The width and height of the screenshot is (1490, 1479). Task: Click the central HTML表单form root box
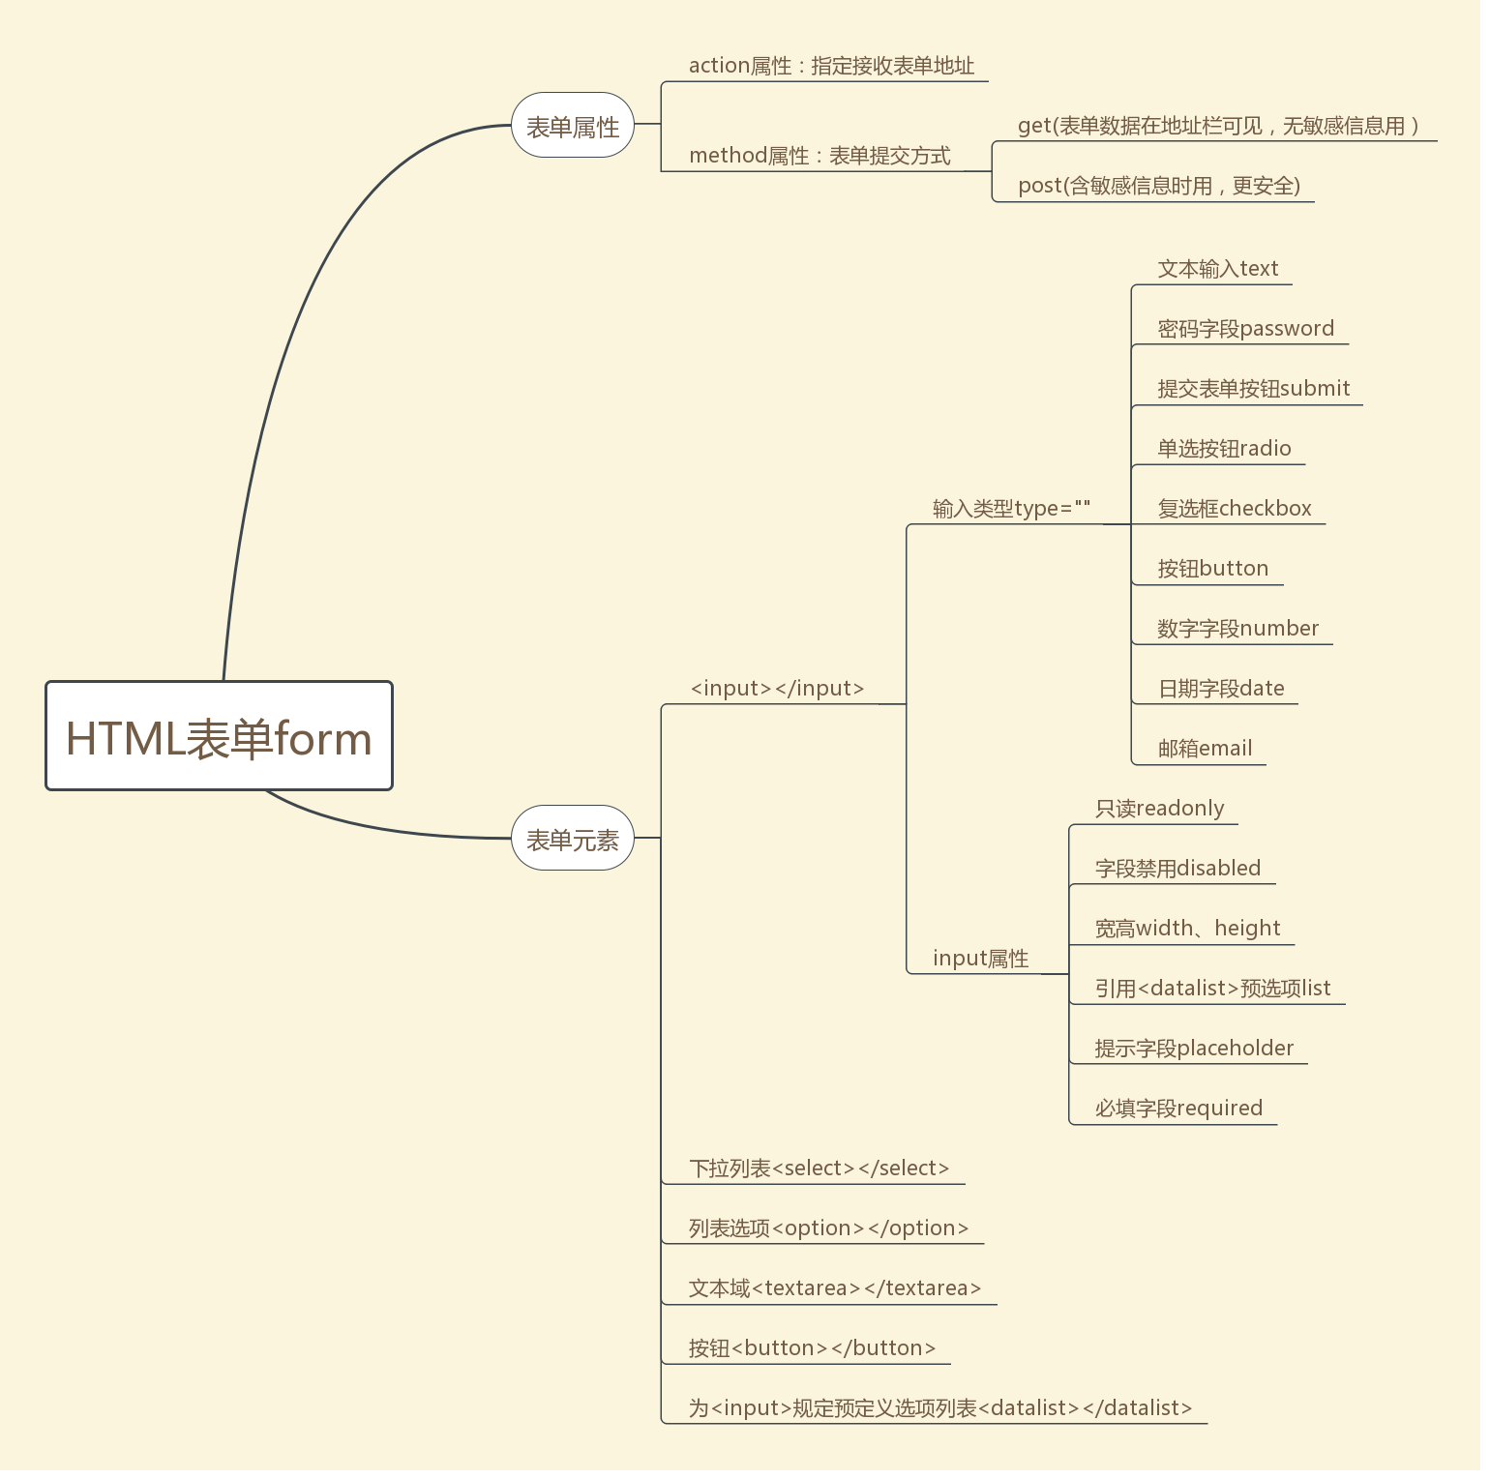(x=219, y=737)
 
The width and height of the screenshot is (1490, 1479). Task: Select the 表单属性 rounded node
(x=572, y=126)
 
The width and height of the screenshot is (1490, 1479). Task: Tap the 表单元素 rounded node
(x=572, y=839)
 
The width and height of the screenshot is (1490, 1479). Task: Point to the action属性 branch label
(x=830, y=66)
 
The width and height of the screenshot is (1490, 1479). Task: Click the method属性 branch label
(x=819, y=156)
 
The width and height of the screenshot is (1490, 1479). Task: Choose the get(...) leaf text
(x=1218, y=126)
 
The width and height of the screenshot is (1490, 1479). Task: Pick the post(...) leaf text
(x=1158, y=186)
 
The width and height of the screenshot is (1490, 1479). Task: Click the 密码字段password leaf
(x=1245, y=329)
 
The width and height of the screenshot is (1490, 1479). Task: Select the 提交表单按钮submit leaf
(x=1253, y=389)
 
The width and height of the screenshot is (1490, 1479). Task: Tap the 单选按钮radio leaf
(x=1224, y=449)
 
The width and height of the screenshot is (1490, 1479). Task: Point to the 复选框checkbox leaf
(x=1235, y=509)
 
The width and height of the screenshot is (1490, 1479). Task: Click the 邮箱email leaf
(x=1205, y=749)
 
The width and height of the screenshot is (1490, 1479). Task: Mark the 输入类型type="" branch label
(x=1011, y=509)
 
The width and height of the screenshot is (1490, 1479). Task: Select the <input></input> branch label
(x=777, y=689)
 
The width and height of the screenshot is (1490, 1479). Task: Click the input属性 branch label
(x=980, y=959)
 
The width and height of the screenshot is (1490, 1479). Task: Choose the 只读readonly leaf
(x=1159, y=809)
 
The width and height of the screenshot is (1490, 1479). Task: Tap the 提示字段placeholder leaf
(x=1194, y=1049)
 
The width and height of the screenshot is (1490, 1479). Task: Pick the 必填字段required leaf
(x=1178, y=1109)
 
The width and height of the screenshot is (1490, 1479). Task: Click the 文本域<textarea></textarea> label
(x=834, y=1288)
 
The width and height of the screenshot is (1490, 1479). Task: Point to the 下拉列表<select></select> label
(x=819, y=1168)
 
